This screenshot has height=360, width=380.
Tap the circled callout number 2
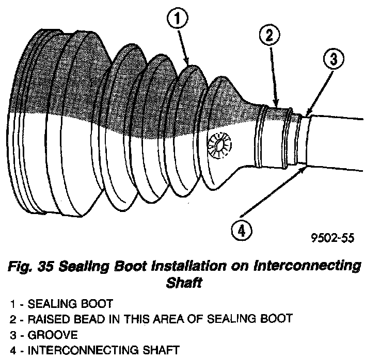[x=270, y=36]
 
